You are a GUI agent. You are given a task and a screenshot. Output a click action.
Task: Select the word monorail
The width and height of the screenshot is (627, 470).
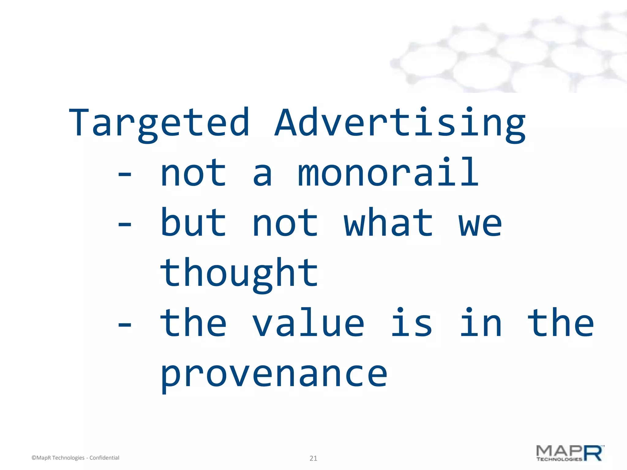[x=388, y=173]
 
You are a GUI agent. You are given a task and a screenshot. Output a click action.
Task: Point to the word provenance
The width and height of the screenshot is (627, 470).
[x=274, y=375]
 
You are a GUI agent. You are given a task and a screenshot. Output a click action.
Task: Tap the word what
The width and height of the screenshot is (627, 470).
[x=388, y=223]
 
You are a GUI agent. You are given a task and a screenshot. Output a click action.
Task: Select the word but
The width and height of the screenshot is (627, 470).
[x=193, y=223]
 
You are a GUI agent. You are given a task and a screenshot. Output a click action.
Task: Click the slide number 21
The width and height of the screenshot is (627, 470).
[x=313, y=458]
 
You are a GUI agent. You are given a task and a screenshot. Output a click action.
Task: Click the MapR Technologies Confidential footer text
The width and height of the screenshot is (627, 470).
[x=75, y=458]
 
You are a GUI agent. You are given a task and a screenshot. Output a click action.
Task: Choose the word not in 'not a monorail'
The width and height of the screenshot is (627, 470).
[x=193, y=173]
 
